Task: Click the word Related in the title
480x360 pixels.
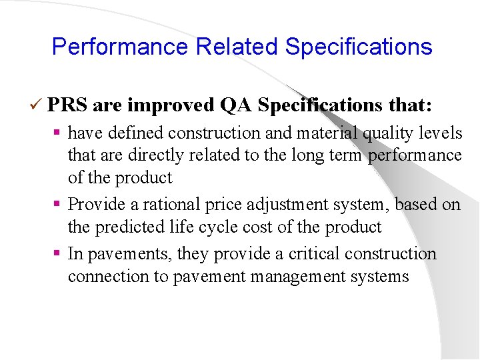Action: (237, 47)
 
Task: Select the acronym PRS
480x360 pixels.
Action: (68, 105)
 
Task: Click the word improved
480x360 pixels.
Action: (170, 105)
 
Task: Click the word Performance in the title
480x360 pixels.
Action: (121, 47)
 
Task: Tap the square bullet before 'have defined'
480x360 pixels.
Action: (59, 133)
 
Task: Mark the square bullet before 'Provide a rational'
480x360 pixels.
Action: (59, 204)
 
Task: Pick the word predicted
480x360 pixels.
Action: (127, 227)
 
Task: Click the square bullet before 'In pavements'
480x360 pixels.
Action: (59, 254)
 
